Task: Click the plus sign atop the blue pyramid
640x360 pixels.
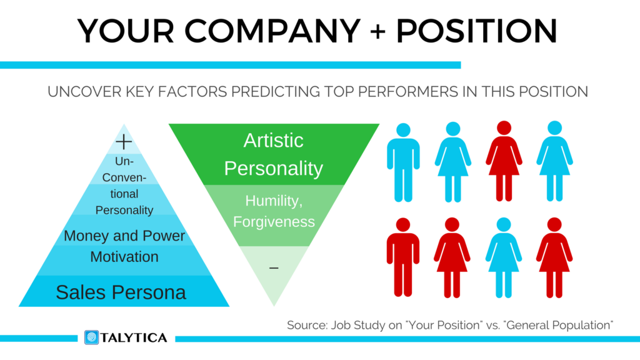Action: point(124,142)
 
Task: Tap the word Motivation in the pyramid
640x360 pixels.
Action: point(124,256)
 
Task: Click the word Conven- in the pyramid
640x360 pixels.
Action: point(124,177)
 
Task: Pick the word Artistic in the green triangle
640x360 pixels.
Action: point(274,140)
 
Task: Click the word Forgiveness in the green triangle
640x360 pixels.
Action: point(274,221)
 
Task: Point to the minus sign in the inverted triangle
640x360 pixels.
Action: point(274,268)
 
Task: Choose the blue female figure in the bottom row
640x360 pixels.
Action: point(504,257)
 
